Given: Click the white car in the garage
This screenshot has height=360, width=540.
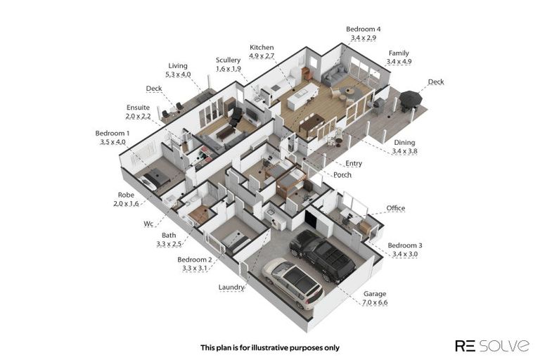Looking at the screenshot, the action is tap(292, 283).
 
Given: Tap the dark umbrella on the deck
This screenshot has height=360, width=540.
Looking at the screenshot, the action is tap(411, 99).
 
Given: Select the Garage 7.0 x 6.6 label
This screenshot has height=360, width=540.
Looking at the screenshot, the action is tap(375, 298).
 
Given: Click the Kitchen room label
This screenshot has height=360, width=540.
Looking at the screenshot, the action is tap(262, 51).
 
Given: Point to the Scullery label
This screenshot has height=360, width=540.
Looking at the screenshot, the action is tap(228, 64).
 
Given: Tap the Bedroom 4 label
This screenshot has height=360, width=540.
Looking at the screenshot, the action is tap(363, 34).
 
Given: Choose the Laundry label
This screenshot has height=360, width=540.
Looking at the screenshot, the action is tap(231, 287).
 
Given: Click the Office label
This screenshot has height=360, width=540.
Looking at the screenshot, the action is tap(395, 207).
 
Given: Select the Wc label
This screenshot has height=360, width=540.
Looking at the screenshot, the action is tap(148, 224).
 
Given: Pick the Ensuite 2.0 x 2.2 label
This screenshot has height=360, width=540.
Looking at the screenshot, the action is tap(138, 112).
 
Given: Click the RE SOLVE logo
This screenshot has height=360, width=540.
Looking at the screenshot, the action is tap(492, 345).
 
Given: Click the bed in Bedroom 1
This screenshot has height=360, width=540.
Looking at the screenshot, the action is tap(155, 178).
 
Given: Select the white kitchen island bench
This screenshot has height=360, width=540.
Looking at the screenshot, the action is tap(304, 96).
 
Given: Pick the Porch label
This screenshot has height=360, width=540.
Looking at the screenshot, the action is tap(342, 174).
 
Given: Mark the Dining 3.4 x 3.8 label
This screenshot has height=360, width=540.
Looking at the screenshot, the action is tap(405, 146).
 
